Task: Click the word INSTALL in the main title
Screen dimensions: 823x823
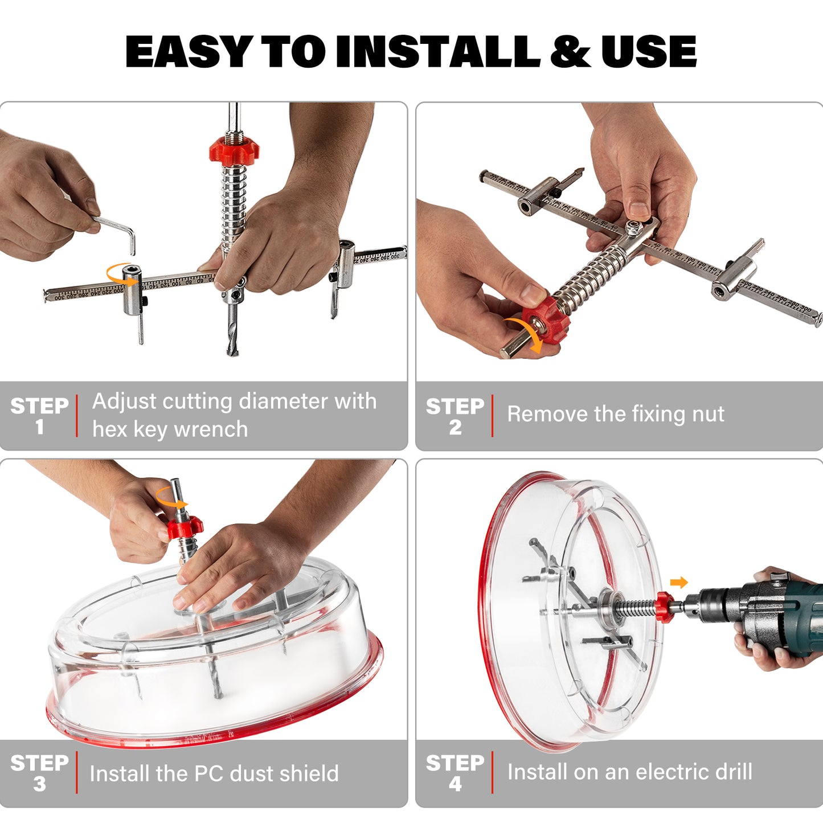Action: (437, 51)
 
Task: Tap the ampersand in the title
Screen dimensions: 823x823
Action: (570, 51)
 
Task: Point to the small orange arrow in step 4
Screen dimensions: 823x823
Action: (679, 582)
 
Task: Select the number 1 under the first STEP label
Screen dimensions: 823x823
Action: (39, 427)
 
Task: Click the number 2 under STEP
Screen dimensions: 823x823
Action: (455, 428)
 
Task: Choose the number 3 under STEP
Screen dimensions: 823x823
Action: (39, 784)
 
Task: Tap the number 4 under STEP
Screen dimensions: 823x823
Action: (455, 784)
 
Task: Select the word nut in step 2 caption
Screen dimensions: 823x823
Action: (708, 414)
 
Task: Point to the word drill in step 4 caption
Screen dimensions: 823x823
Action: (731, 772)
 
